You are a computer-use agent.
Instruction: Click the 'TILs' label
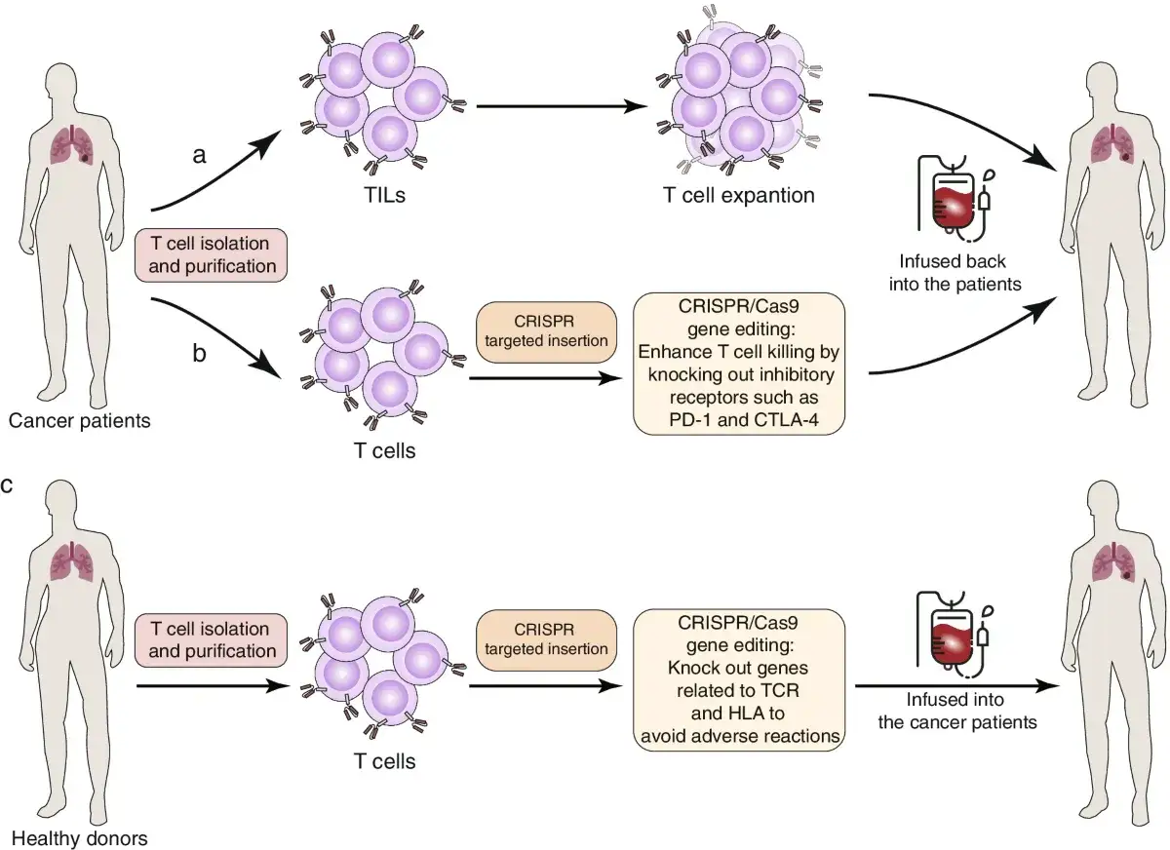[384, 195]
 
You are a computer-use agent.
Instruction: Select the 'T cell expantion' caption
[739, 195]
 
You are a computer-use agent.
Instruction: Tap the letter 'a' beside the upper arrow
[199, 155]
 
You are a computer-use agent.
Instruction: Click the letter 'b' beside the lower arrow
[199, 353]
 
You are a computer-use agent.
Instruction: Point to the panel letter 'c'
[7, 485]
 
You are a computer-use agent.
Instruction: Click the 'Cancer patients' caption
[79, 420]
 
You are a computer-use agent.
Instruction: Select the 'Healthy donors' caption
[79, 838]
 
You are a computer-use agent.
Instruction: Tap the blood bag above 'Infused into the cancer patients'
[955, 635]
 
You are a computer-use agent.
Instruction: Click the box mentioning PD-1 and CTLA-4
[739, 364]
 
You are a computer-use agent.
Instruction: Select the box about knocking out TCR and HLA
[739, 679]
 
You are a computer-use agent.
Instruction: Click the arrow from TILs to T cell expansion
[562, 106]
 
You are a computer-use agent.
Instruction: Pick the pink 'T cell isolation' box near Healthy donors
[211, 640]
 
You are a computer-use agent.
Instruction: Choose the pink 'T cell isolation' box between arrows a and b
[211, 254]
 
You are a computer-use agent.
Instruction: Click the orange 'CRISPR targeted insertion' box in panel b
[546, 331]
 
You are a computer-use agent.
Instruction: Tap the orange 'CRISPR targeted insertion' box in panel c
[546, 640]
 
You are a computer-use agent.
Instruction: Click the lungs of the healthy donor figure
[72, 560]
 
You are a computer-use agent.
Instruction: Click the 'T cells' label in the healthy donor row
[384, 761]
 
